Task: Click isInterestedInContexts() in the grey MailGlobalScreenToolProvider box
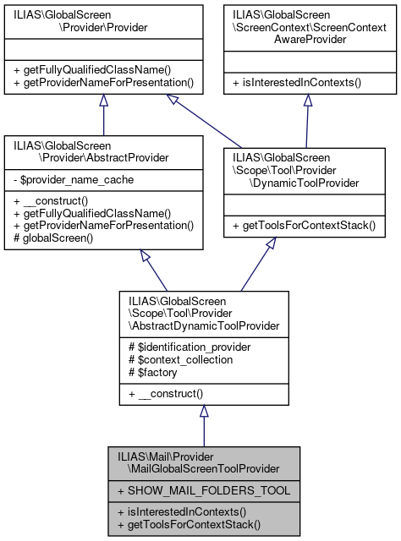182,512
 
